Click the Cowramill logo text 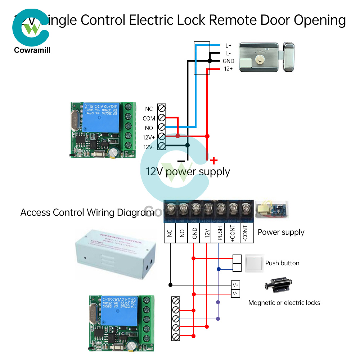tap(32, 50)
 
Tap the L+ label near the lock tap(228, 46)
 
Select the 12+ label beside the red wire tap(228, 69)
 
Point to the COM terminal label tap(149, 118)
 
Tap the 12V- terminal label tap(149, 147)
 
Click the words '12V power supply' tap(188, 171)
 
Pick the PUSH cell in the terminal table tap(219, 233)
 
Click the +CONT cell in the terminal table tap(232, 233)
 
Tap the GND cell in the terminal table tap(194, 233)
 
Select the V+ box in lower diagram tap(235, 285)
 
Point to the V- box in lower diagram tap(235, 294)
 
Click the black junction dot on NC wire tap(170, 285)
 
